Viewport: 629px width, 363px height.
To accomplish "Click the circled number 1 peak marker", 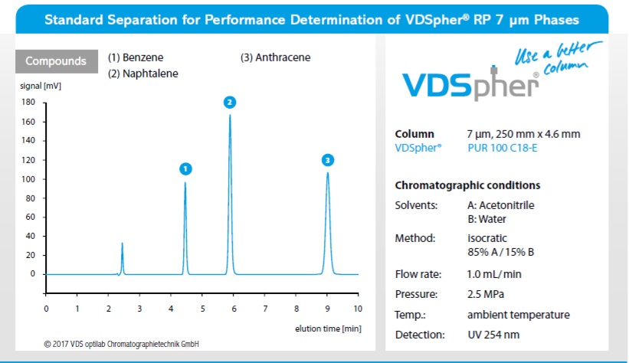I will pos(185,168).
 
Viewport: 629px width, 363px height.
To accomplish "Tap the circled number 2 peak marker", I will pos(230,102).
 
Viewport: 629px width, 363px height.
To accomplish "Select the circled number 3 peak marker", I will pos(328,160).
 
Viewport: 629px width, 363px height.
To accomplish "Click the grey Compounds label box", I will pos(51,60).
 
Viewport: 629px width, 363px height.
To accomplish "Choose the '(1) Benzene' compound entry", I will pos(136,57).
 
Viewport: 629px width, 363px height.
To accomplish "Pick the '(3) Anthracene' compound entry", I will pos(275,57).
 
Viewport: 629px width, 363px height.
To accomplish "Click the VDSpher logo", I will pos(471,83).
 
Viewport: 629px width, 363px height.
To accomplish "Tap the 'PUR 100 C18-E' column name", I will pos(502,148).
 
